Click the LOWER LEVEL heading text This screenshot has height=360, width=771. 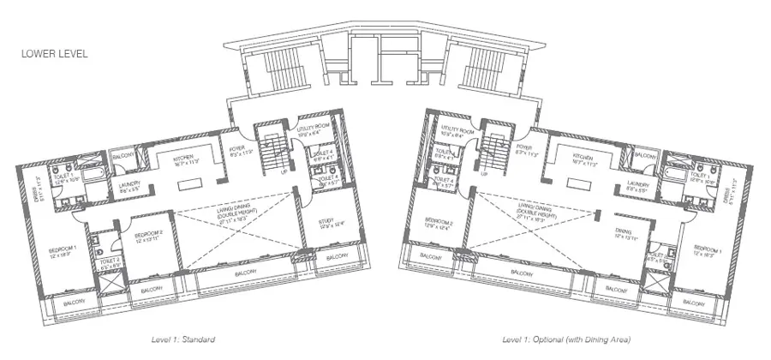pyautogui.click(x=55, y=53)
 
